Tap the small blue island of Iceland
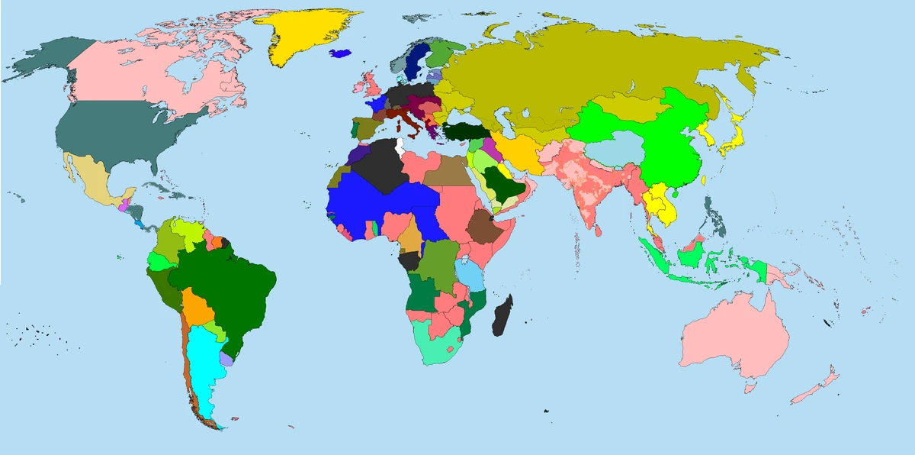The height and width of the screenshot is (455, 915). pos(340,53)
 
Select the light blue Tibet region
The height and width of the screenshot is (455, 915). pos(618,150)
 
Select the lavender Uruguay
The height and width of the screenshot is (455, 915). pos(226,359)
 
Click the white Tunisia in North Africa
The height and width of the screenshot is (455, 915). pos(399,145)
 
